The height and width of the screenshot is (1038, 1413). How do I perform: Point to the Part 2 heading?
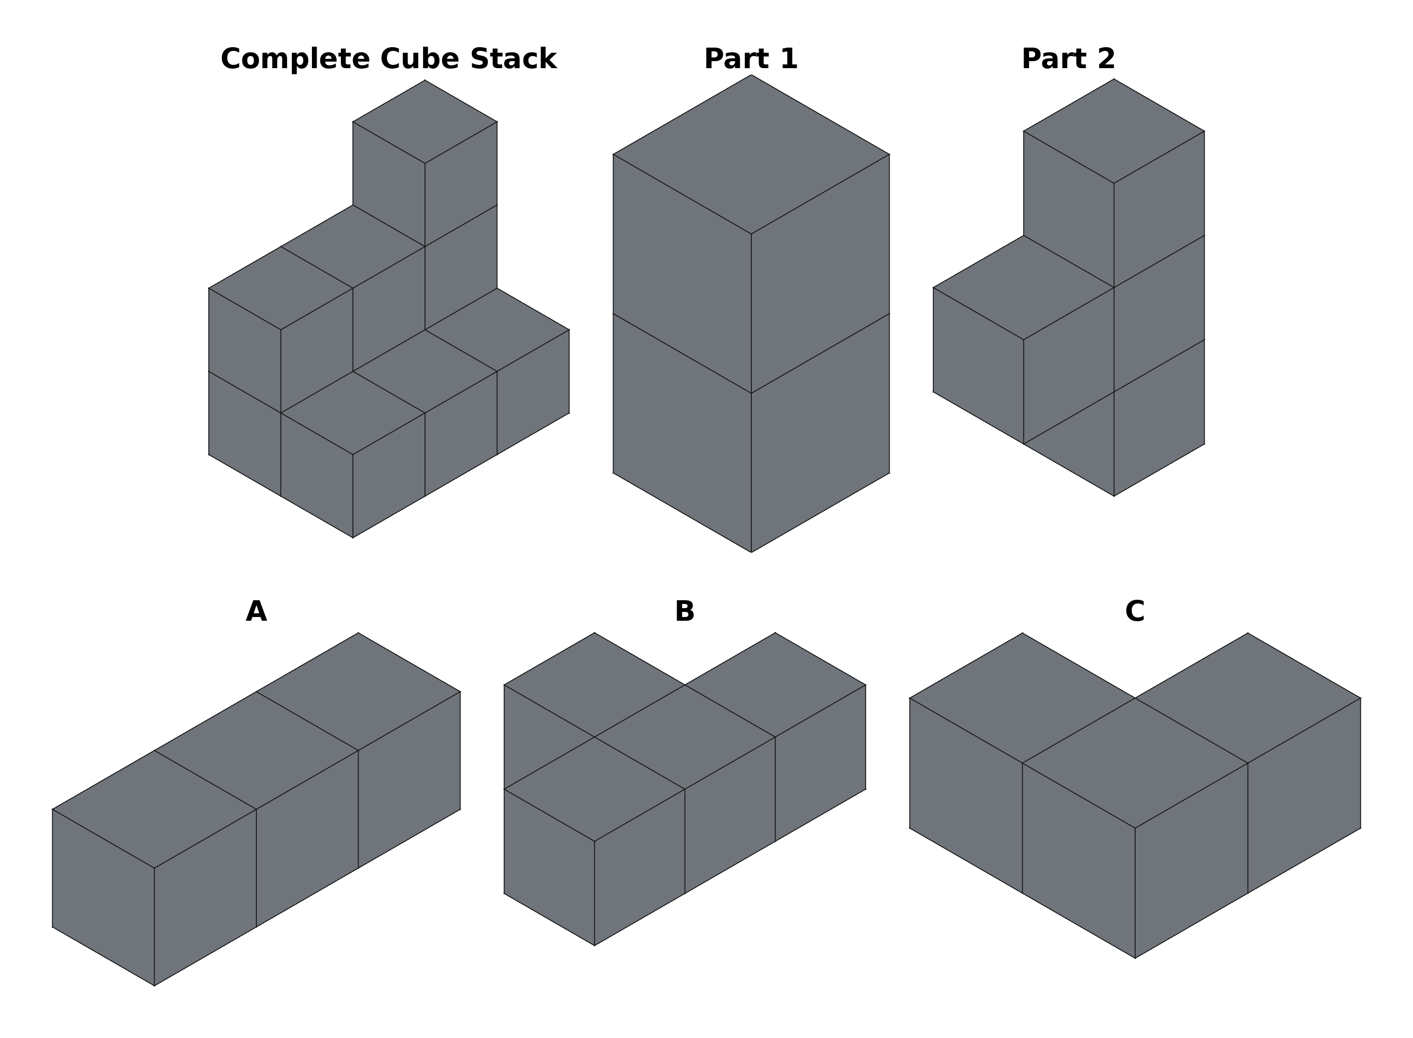[1068, 59]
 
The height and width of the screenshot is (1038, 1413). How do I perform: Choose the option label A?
[256, 612]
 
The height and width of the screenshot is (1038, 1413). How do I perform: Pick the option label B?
[685, 612]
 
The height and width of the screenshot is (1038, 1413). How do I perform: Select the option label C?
[1135, 612]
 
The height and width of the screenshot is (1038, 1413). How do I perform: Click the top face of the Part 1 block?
[751, 154]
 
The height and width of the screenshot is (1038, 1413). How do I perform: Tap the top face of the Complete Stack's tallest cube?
[425, 122]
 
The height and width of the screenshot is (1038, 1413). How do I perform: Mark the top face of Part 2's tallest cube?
[1114, 131]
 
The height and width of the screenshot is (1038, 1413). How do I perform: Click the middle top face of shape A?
[256, 751]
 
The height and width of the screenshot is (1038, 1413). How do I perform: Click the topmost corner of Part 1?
[751, 76]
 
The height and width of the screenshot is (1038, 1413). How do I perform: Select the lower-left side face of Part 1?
[682, 434]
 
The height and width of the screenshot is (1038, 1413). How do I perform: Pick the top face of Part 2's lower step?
[1023, 288]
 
